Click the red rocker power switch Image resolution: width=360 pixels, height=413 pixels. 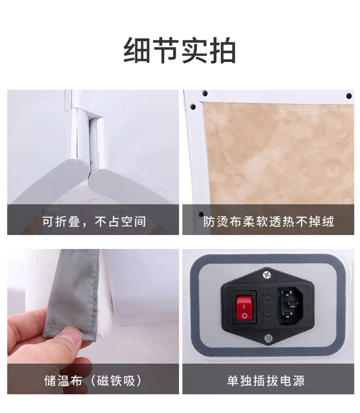tap(244, 307)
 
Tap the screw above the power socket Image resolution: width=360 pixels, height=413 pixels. tap(267, 274)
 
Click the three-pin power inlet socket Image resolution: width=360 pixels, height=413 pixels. tap(289, 304)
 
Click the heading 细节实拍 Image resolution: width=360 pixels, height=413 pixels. tap(180, 50)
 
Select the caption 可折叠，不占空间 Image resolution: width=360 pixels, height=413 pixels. tap(94, 222)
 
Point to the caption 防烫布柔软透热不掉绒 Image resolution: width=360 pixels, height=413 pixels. tap(268, 222)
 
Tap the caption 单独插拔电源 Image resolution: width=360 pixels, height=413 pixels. tap(266, 380)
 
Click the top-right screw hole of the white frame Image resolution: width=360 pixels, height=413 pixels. tap(348, 95)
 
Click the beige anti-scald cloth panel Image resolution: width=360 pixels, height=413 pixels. tap(278, 153)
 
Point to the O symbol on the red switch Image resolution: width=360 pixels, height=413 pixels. tap(245, 315)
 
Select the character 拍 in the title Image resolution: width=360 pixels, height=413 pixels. tap(222, 50)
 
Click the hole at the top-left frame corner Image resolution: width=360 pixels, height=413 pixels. tap(204, 93)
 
